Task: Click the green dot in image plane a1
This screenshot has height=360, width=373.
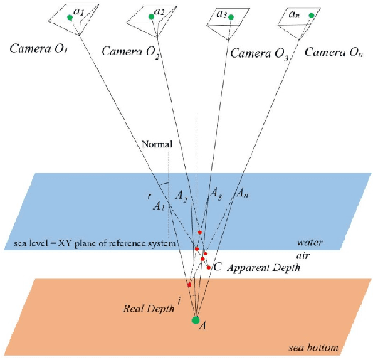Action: pos(69,17)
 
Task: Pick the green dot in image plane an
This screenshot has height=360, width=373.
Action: pos(311,15)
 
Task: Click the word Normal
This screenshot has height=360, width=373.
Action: pos(157,144)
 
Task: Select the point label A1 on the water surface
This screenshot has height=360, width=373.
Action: pos(159,206)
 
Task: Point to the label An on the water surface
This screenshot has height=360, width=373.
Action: pos(242,192)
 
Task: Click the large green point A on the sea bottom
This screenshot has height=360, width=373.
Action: pos(196,320)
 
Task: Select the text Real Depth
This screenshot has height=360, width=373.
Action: pos(145,307)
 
